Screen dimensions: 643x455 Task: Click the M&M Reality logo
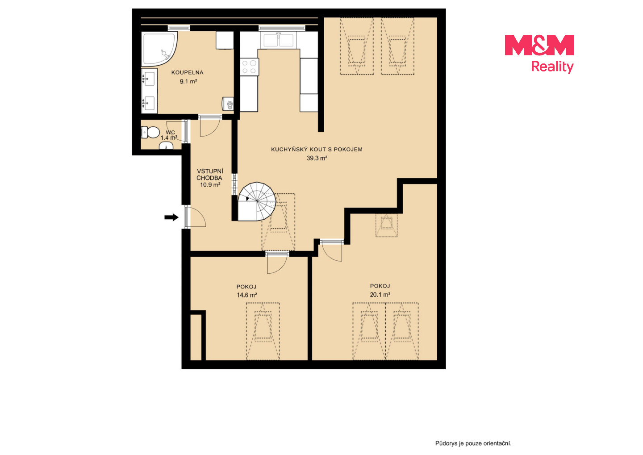tap(539, 54)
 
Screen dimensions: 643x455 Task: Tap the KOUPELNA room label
tap(187, 73)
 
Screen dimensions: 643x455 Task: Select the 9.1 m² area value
tap(188, 82)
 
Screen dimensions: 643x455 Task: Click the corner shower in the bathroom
tap(159, 49)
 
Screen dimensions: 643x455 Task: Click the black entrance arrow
tap(171, 217)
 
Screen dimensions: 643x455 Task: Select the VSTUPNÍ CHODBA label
tap(209, 175)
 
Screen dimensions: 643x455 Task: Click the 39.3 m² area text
tap(317, 158)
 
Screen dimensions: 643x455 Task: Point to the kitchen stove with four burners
tap(249, 67)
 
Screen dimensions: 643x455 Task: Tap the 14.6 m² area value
tap(246, 295)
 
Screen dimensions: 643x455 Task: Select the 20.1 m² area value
tap(380, 295)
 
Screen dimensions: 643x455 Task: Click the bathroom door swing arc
tap(210, 126)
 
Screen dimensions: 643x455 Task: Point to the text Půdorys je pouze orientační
tap(473, 443)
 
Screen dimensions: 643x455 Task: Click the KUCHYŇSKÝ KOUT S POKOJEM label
tap(317, 149)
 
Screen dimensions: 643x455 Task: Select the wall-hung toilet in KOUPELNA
tap(228, 104)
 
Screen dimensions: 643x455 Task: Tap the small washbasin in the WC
tap(166, 147)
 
